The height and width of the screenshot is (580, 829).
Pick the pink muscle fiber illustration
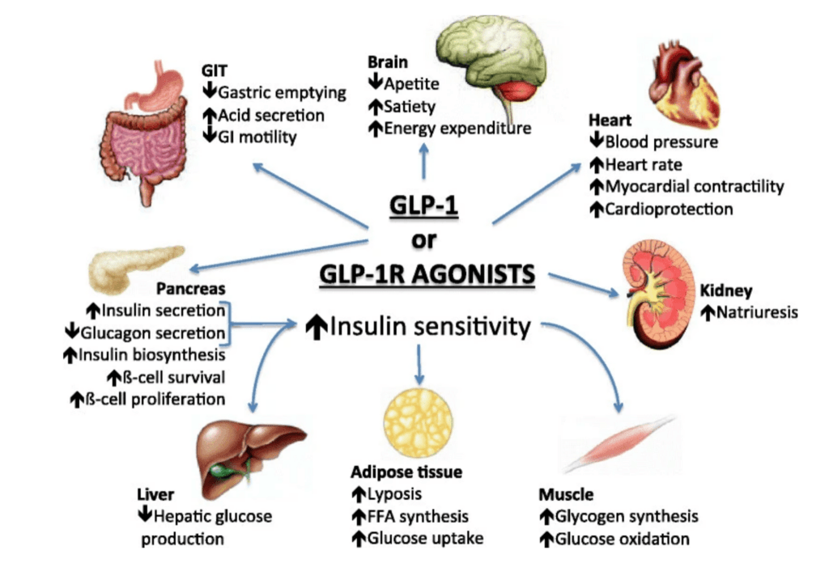pos(619,444)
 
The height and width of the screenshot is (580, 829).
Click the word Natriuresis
pos(757,311)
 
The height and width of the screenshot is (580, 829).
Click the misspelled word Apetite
pos(411,83)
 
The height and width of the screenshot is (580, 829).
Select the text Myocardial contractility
pos(695,187)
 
